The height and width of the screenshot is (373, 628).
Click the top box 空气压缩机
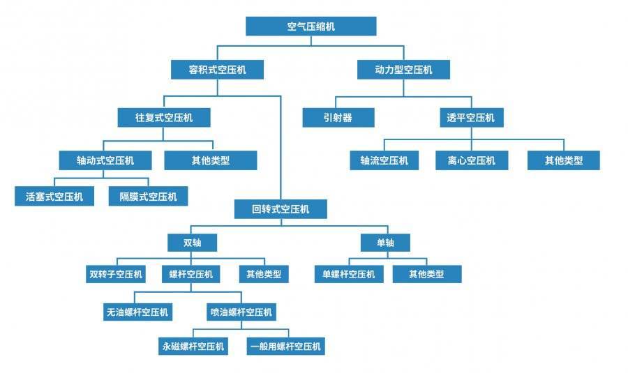coord(311,26)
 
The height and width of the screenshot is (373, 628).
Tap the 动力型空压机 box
coord(403,70)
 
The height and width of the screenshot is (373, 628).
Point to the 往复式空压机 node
coord(164,117)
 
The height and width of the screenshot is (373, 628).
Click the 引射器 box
coord(338,118)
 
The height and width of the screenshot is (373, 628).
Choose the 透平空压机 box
coord(471,118)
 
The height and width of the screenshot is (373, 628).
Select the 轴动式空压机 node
coord(105,160)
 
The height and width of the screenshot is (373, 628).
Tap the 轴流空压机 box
coord(384,160)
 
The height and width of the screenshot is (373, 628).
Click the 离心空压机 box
coord(471,160)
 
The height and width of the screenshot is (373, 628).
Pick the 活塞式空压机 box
coord(54,197)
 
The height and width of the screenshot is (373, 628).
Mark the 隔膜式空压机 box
coord(148,197)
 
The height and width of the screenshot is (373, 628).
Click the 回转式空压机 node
coord(280,208)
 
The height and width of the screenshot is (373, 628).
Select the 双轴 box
coord(192,242)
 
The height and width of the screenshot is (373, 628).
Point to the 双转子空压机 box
coord(116,274)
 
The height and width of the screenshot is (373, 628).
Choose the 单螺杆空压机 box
coord(347,274)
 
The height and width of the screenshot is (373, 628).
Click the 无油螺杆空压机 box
coord(137,312)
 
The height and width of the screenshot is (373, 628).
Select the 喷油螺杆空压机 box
coord(241,312)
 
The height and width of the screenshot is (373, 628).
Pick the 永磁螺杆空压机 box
coord(193,346)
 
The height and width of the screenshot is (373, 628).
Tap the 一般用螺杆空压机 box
coord(285,346)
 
